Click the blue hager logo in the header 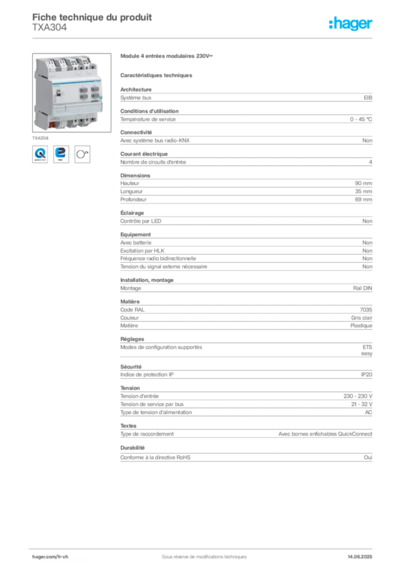(351, 24)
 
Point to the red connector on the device (52, 124)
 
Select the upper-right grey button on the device (96, 88)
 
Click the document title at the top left (92, 16)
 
